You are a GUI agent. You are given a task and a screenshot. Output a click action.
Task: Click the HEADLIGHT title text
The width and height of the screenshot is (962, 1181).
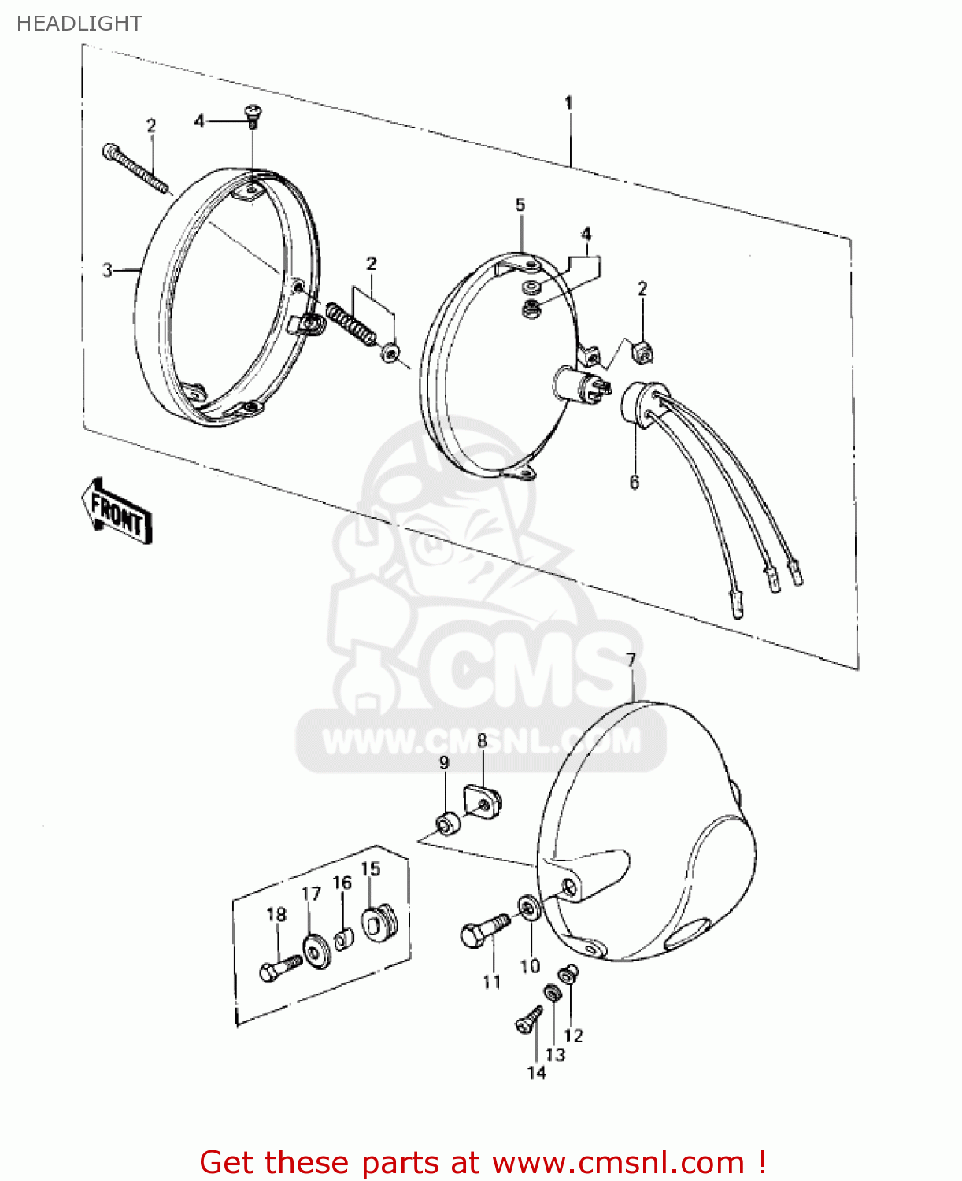79,24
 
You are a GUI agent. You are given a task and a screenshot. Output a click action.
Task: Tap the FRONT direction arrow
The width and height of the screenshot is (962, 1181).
117,512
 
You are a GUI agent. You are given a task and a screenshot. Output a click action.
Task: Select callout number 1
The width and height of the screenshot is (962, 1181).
568,103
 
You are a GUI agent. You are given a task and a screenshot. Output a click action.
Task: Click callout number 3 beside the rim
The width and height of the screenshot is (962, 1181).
108,271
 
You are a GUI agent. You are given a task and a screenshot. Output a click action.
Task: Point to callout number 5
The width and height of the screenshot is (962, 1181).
520,205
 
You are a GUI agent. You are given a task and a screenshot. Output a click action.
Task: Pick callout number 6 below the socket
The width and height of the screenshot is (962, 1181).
635,482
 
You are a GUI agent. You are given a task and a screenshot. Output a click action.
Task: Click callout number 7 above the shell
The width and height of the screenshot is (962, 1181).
631,660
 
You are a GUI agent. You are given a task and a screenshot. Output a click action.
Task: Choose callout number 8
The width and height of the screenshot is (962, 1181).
482,741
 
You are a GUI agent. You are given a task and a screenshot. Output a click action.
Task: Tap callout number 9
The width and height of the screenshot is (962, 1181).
444,762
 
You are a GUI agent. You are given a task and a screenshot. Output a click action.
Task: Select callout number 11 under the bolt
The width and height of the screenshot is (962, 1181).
492,981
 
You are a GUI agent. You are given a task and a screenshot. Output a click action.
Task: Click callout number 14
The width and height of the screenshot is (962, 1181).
536,1072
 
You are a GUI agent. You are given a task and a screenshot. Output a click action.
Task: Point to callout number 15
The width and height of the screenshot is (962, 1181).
371,868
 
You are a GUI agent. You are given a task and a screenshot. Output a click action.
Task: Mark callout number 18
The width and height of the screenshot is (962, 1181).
276,914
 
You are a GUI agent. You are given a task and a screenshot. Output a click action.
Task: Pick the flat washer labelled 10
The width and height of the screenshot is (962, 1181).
528,909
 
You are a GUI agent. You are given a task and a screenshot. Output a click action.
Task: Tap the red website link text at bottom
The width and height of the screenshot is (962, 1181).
482,1162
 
